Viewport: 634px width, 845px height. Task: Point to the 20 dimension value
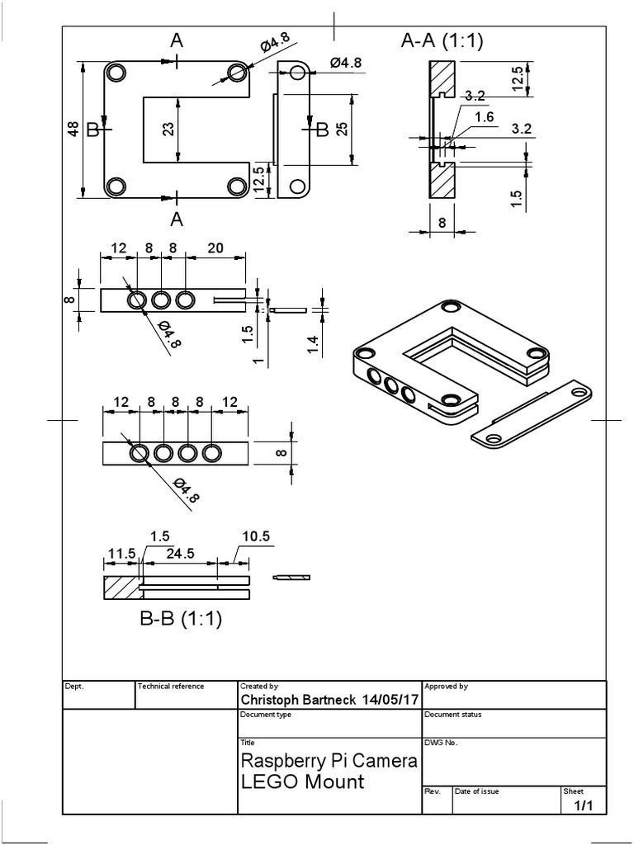tap(215, 248)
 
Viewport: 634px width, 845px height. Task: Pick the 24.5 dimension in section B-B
tap(178, 554)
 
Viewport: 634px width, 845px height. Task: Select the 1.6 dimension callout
tap(485, 118)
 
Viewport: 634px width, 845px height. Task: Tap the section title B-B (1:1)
tap(181, 618)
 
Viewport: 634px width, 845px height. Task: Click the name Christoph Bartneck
tap(298, 700)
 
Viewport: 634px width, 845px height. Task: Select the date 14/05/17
tap(390, 700)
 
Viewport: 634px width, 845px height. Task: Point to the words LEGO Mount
tap(301, 781)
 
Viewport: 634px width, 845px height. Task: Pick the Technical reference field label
tap(171, 686)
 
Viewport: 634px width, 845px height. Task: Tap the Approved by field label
tap(446, 686)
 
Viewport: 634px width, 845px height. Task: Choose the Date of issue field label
tap(476, 791)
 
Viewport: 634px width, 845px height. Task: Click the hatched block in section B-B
tap(121, 587)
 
